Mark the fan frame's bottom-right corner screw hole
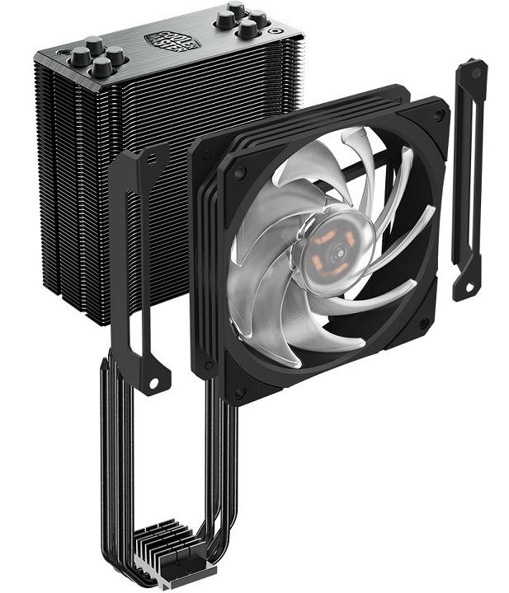(422, 324)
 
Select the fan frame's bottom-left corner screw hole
(237, 387)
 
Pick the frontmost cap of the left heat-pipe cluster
(101, 68)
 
